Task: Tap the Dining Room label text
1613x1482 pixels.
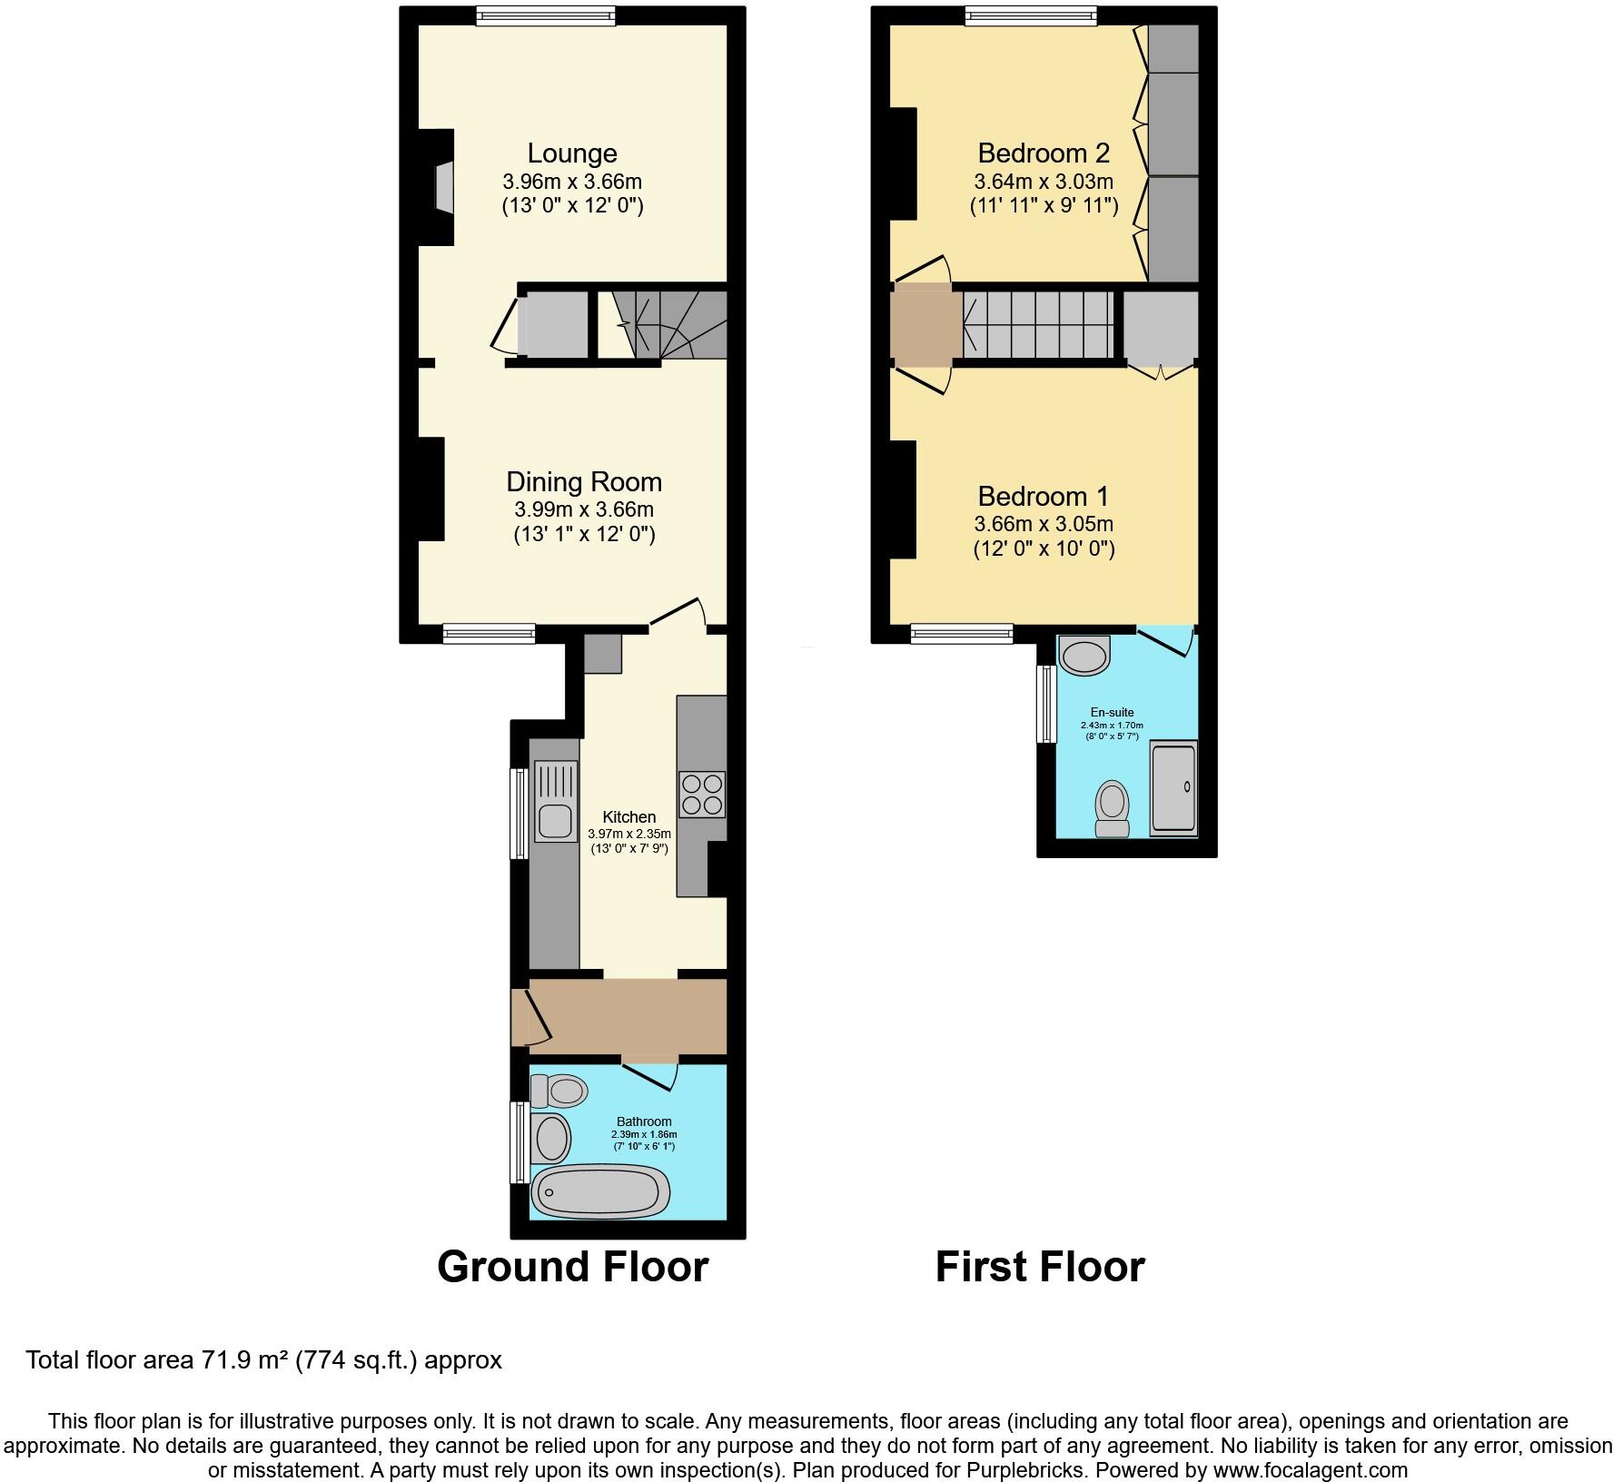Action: point(584,482)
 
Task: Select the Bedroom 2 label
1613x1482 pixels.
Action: point(1044,153)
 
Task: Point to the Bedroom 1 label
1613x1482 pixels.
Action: point(1044,497)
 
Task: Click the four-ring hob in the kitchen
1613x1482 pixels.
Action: point(702,794)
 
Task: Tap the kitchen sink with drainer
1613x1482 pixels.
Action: point(554,801)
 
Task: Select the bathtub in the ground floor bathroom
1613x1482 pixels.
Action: point(601,1191)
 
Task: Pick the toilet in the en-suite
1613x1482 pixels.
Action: point(1113,808)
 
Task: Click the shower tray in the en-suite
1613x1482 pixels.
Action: point(1174,787)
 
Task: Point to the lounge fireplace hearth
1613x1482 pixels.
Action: point(444,187)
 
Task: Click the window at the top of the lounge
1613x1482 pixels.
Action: point(546,15)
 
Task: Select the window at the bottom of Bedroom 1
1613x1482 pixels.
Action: point(962,633)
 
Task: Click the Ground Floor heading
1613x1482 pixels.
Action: point(573,1267)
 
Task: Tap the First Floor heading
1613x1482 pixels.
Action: point(1041,1267)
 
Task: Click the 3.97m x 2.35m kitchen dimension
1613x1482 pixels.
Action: point(629,834)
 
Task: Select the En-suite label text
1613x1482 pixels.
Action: point(1113,713)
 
